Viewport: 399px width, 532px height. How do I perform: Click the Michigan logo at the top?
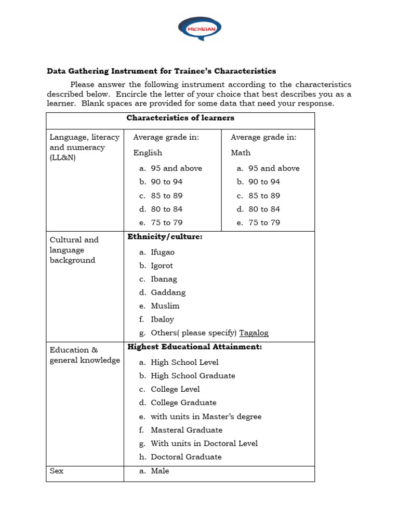coord(199,29)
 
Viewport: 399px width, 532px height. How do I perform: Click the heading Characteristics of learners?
coord(180,118)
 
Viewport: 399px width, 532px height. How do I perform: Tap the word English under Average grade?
coord(148,153)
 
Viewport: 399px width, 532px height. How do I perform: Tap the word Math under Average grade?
coord(241,153)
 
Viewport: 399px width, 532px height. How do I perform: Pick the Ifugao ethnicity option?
coord(163,252)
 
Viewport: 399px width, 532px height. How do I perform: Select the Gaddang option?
coord(168,292)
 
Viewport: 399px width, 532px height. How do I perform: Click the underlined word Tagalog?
coord(254,333)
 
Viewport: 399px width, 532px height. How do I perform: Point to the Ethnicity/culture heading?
coord(165,237)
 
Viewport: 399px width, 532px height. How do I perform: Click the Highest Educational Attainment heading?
coord(195,347)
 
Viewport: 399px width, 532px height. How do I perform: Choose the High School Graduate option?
coord(193,376)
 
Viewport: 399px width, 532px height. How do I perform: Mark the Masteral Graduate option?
coord(186,430)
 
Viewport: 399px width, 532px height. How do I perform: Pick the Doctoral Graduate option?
coord(186,457)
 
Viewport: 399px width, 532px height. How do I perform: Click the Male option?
coord(159,471)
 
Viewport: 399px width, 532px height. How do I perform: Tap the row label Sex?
coord(56,471)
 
